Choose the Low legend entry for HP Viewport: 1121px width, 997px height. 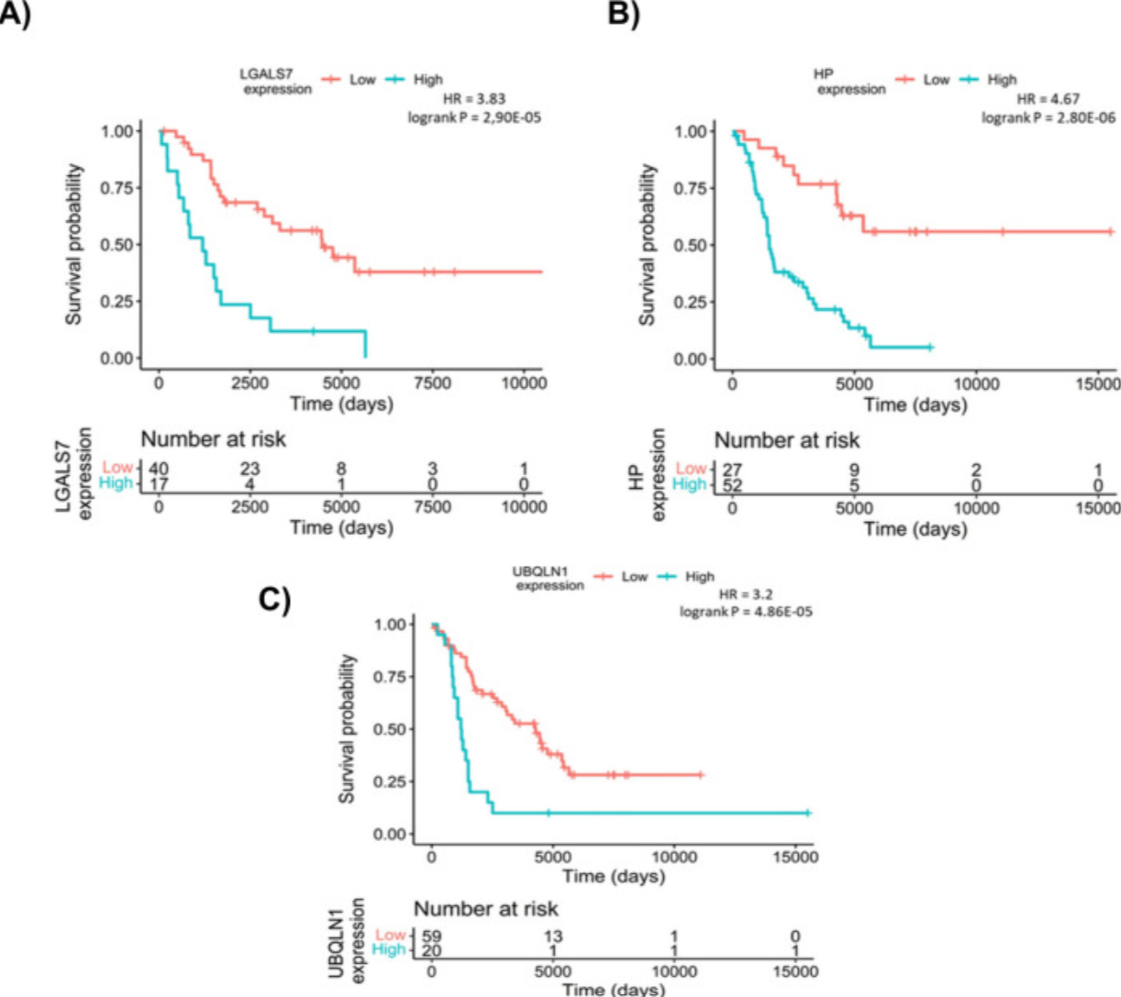tap(923, 80)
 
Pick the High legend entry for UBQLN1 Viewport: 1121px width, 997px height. tap(686, 576)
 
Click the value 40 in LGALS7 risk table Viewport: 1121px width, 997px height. tap(159, 468)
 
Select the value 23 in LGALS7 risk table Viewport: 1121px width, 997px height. tap(249, 468)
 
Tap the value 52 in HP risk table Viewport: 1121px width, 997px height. tap(732, 485)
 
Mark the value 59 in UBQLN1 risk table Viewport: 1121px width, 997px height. tap(432, 936)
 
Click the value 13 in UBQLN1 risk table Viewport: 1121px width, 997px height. tap(553, 936)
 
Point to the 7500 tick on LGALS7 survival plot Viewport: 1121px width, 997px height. tap(432, 382)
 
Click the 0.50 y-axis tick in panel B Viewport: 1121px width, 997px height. tap(689, 245)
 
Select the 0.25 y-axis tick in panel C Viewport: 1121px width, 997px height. tap(390, 781)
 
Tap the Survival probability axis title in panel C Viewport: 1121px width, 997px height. tap(347, 729)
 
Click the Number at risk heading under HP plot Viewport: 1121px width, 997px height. tap(787, 440)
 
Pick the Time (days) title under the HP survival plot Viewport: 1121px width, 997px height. tap(915, 404)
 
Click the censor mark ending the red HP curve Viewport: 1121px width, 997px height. tap(1111, 231)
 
